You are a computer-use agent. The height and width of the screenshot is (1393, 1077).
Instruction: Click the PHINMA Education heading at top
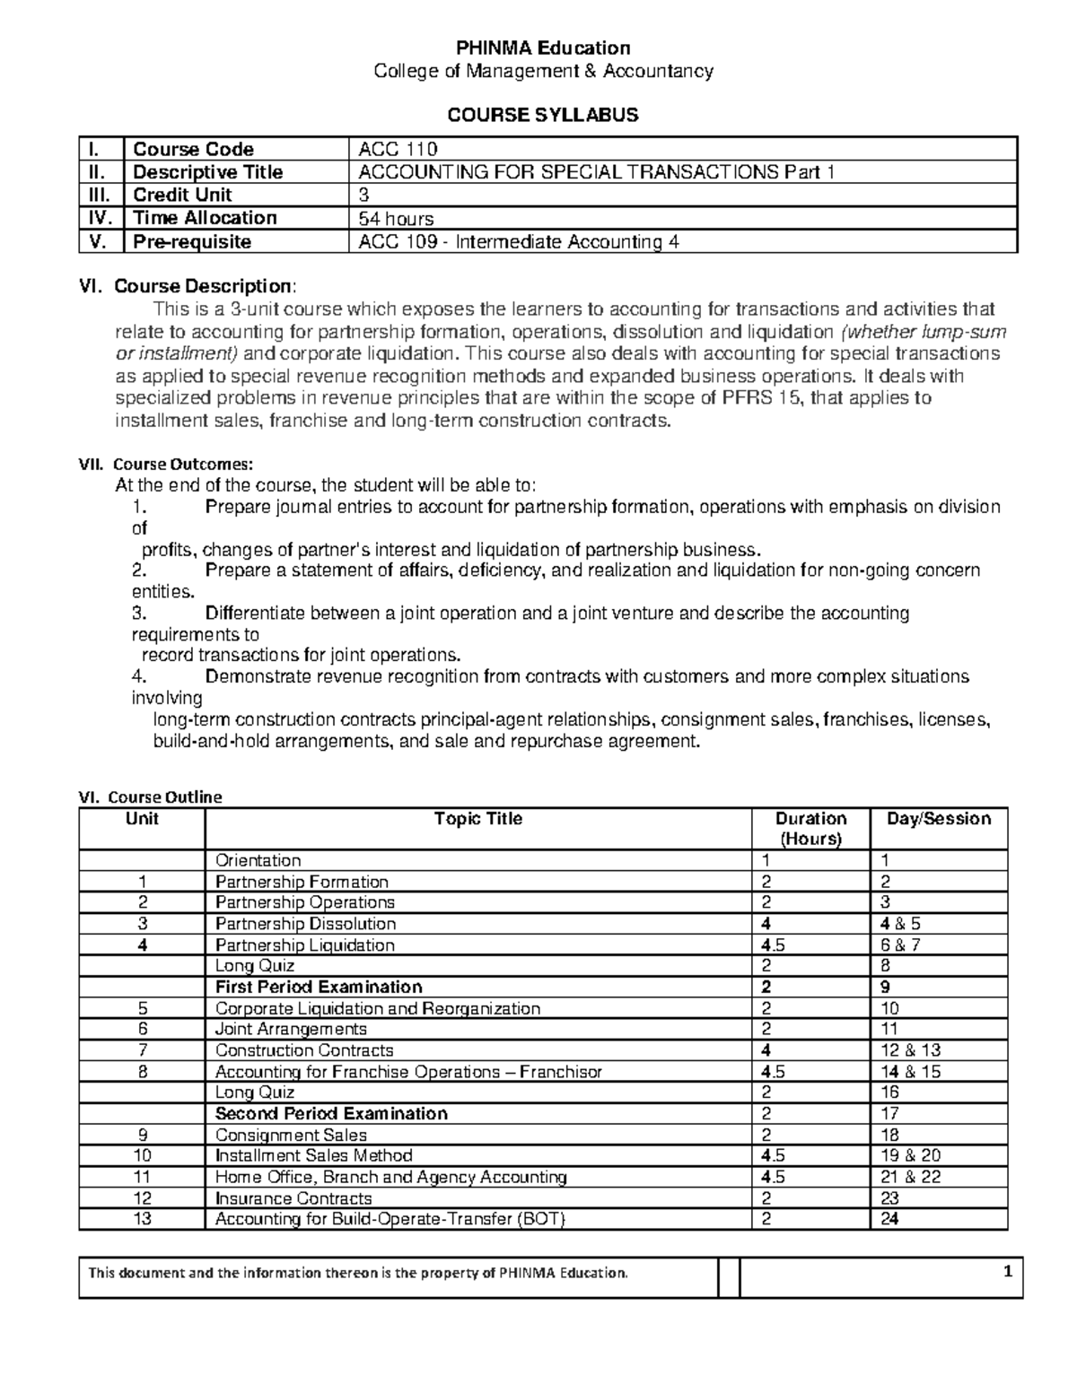(x=543, y=48)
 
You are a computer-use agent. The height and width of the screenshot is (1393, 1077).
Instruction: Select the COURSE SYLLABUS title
(x=543, y=115)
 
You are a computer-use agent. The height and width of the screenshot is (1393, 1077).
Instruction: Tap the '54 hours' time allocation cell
(x=396, y=219)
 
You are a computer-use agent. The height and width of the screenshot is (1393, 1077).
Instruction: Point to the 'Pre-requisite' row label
(x=192, y=242)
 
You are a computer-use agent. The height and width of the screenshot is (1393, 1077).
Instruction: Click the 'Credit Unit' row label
(x=182, y=196)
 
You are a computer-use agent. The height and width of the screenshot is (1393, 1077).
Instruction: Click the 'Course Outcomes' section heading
(x=183, y=464)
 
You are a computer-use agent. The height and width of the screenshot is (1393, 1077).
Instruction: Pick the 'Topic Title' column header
(x=477, y=819)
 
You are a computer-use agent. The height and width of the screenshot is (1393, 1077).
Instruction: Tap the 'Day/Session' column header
(x=938, y=819)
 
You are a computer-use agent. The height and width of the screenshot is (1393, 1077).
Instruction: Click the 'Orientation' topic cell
(x=258, y=860)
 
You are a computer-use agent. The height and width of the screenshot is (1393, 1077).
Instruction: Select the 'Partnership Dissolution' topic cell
(x=305, y=924)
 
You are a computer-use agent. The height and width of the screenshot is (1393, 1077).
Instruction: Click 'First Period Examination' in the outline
(x=319, y=987)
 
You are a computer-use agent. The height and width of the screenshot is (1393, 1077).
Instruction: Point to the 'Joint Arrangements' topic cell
(x=291, y=1029)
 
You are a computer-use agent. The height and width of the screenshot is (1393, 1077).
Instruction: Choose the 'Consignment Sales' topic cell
(x=291, y=1135)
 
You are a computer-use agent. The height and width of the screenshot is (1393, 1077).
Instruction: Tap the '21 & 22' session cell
(x=910, y=1177)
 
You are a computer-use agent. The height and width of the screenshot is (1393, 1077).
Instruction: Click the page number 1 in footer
(x=1008, y=1272)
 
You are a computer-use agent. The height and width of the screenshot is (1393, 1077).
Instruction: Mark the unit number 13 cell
(x=142, y=1219)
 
